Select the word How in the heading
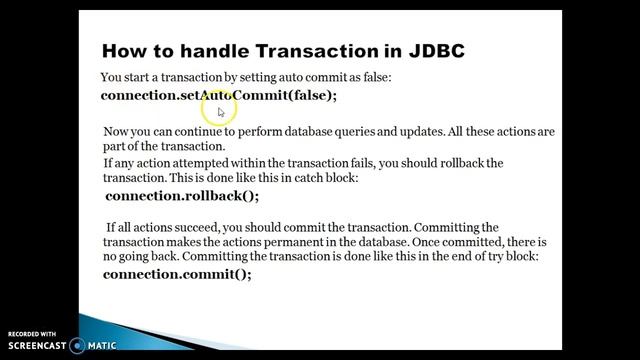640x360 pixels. tap(127, 50)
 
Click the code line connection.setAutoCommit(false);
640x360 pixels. tap(219, 95)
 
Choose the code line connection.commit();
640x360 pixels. tap(177, 273)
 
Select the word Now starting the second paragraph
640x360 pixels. tap(117, 132)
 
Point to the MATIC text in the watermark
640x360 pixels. tap(100, 346)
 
